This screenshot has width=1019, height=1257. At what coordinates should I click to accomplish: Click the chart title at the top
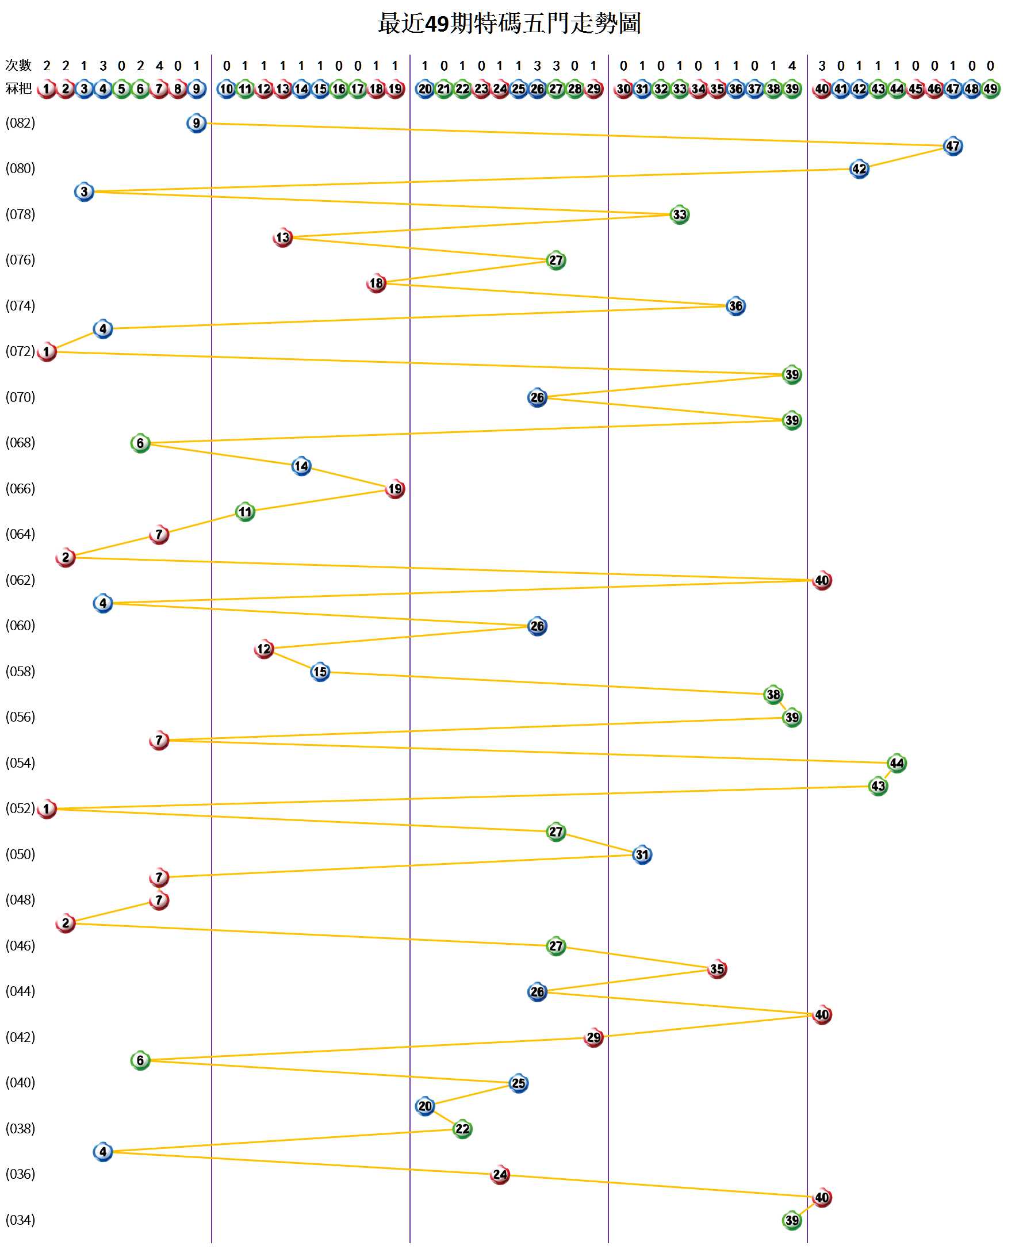[x=509, y=24]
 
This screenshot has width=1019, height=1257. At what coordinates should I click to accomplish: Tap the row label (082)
[x=21, y=122]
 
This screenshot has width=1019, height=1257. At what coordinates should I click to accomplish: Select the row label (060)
[x=21, y=625]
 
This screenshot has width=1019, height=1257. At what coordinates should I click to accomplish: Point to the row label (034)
[x=21, y=1220]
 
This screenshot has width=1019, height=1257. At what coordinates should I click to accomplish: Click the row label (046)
[x=21, y=945]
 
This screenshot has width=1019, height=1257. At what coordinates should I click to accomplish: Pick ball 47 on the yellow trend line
[x=952, y=145]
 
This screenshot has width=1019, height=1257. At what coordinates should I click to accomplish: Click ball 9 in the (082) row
[x=196, y=122]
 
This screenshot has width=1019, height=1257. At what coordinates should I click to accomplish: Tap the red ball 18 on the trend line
[x=376, y=283]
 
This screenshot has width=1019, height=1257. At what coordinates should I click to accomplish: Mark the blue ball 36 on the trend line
[x=735, y=306]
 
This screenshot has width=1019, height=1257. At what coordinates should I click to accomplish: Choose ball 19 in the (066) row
[x=394, y=488]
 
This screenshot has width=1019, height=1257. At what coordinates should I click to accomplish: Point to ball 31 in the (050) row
[x=642, y=854]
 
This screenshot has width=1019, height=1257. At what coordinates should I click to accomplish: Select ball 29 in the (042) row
[x=593, y=1037]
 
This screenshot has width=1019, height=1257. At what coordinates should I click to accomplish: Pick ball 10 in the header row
[x=226, y=89]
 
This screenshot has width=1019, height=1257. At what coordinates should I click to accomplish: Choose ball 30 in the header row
[x=623, y=89]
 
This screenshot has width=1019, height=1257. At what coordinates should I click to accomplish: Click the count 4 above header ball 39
[x=791, y=66]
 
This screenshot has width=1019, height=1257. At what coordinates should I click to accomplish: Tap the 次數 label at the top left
[x=18, y=65]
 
